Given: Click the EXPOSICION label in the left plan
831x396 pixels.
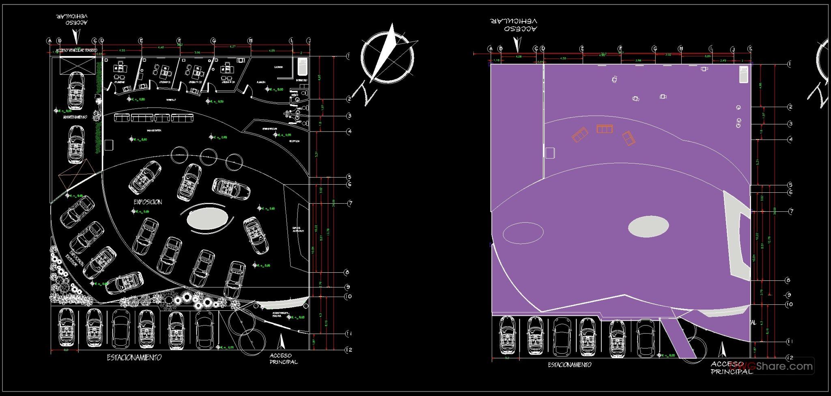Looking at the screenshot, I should click(148, 202).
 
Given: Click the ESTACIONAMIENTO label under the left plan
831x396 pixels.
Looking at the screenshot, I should click(134, 357).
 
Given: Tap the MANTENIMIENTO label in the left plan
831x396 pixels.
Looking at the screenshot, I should click(75, 117).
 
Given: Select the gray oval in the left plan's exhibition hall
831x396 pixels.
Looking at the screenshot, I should click(207, 218).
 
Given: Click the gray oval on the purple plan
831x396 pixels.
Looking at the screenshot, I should click(648, 226).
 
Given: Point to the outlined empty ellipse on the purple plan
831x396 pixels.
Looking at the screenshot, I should click(523, 233).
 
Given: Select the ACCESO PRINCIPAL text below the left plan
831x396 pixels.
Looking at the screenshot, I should click(283, 359).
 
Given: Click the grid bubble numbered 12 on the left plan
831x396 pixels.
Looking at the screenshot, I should click(349, 350).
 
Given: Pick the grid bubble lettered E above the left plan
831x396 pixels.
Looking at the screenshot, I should click(141, 41).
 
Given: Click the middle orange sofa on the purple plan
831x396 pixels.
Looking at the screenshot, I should click(604, 129).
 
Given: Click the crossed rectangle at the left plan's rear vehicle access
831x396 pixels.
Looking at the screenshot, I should click(78, 65).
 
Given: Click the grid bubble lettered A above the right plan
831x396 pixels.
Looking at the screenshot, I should click(491, 49).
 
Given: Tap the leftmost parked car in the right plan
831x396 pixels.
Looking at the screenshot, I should click(507, 336).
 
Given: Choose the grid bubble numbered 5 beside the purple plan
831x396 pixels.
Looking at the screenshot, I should click(790, 185).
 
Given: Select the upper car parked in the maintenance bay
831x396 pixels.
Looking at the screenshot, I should click(75, 90).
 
